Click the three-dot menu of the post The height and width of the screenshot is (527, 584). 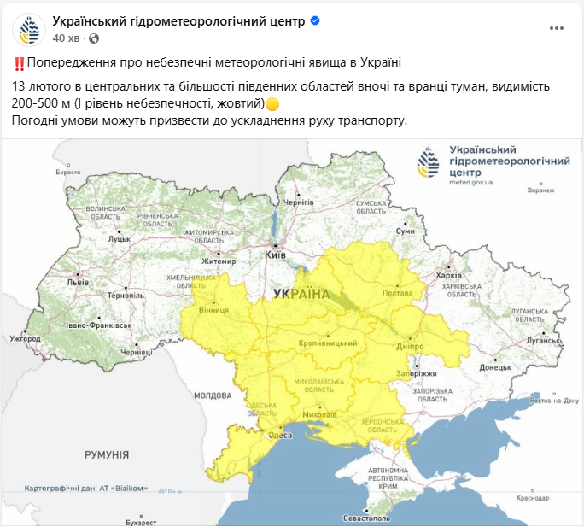pyautogui.click(x=556, y=28)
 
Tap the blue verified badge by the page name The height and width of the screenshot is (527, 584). pyautogui.click(x=315, y=20)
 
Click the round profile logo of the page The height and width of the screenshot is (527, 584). pyautogui.click(x=28, y=29)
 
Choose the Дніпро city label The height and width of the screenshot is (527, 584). pyautogui.click(x=411, y=348)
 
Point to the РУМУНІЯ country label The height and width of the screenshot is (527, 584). pyautogui.click(x=107, y=455)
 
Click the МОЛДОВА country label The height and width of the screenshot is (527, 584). pyautogui.click(x=213, y=395)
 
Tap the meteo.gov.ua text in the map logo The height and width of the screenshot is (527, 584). pyautogui.click(x=470, y=183)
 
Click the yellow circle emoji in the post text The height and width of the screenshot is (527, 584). pyautogui.click(x=272, y=104)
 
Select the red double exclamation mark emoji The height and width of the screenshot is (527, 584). pyautogui.click(x=19, y=63)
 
